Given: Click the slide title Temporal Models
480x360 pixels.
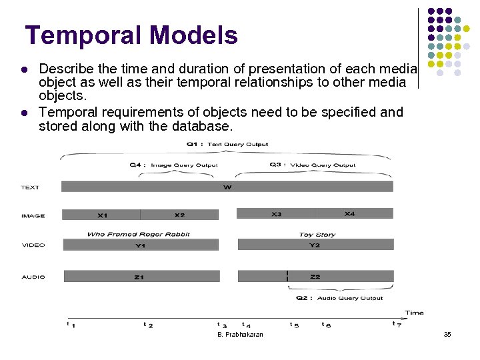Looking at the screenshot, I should (131, 35).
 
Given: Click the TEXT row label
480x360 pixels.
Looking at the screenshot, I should (31, 187).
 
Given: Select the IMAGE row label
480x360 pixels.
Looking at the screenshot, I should (33, 215).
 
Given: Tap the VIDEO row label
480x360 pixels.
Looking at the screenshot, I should (33, 245).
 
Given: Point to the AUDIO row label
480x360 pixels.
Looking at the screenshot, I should (33, 277).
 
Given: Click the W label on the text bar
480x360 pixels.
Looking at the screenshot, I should (227, 187).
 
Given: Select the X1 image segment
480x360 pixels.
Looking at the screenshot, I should (102, 215).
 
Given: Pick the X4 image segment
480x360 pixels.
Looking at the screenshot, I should (349, 214).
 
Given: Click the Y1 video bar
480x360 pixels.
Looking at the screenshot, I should (140, 245).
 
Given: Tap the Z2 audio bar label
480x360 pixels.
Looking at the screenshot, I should (315, 276).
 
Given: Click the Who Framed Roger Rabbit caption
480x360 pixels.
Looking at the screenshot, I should (138, 234).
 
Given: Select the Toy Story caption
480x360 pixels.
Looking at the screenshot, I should (317, 235).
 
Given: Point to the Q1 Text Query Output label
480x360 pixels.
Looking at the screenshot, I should (227, 144).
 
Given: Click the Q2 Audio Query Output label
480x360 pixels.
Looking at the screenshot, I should (340, 298).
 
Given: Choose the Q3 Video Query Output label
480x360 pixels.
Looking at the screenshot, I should (312, 165).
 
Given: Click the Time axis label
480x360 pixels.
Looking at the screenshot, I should (414, 312).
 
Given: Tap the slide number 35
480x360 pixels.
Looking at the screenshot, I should (447, 334).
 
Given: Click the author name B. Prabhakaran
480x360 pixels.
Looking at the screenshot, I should (240, 334).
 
